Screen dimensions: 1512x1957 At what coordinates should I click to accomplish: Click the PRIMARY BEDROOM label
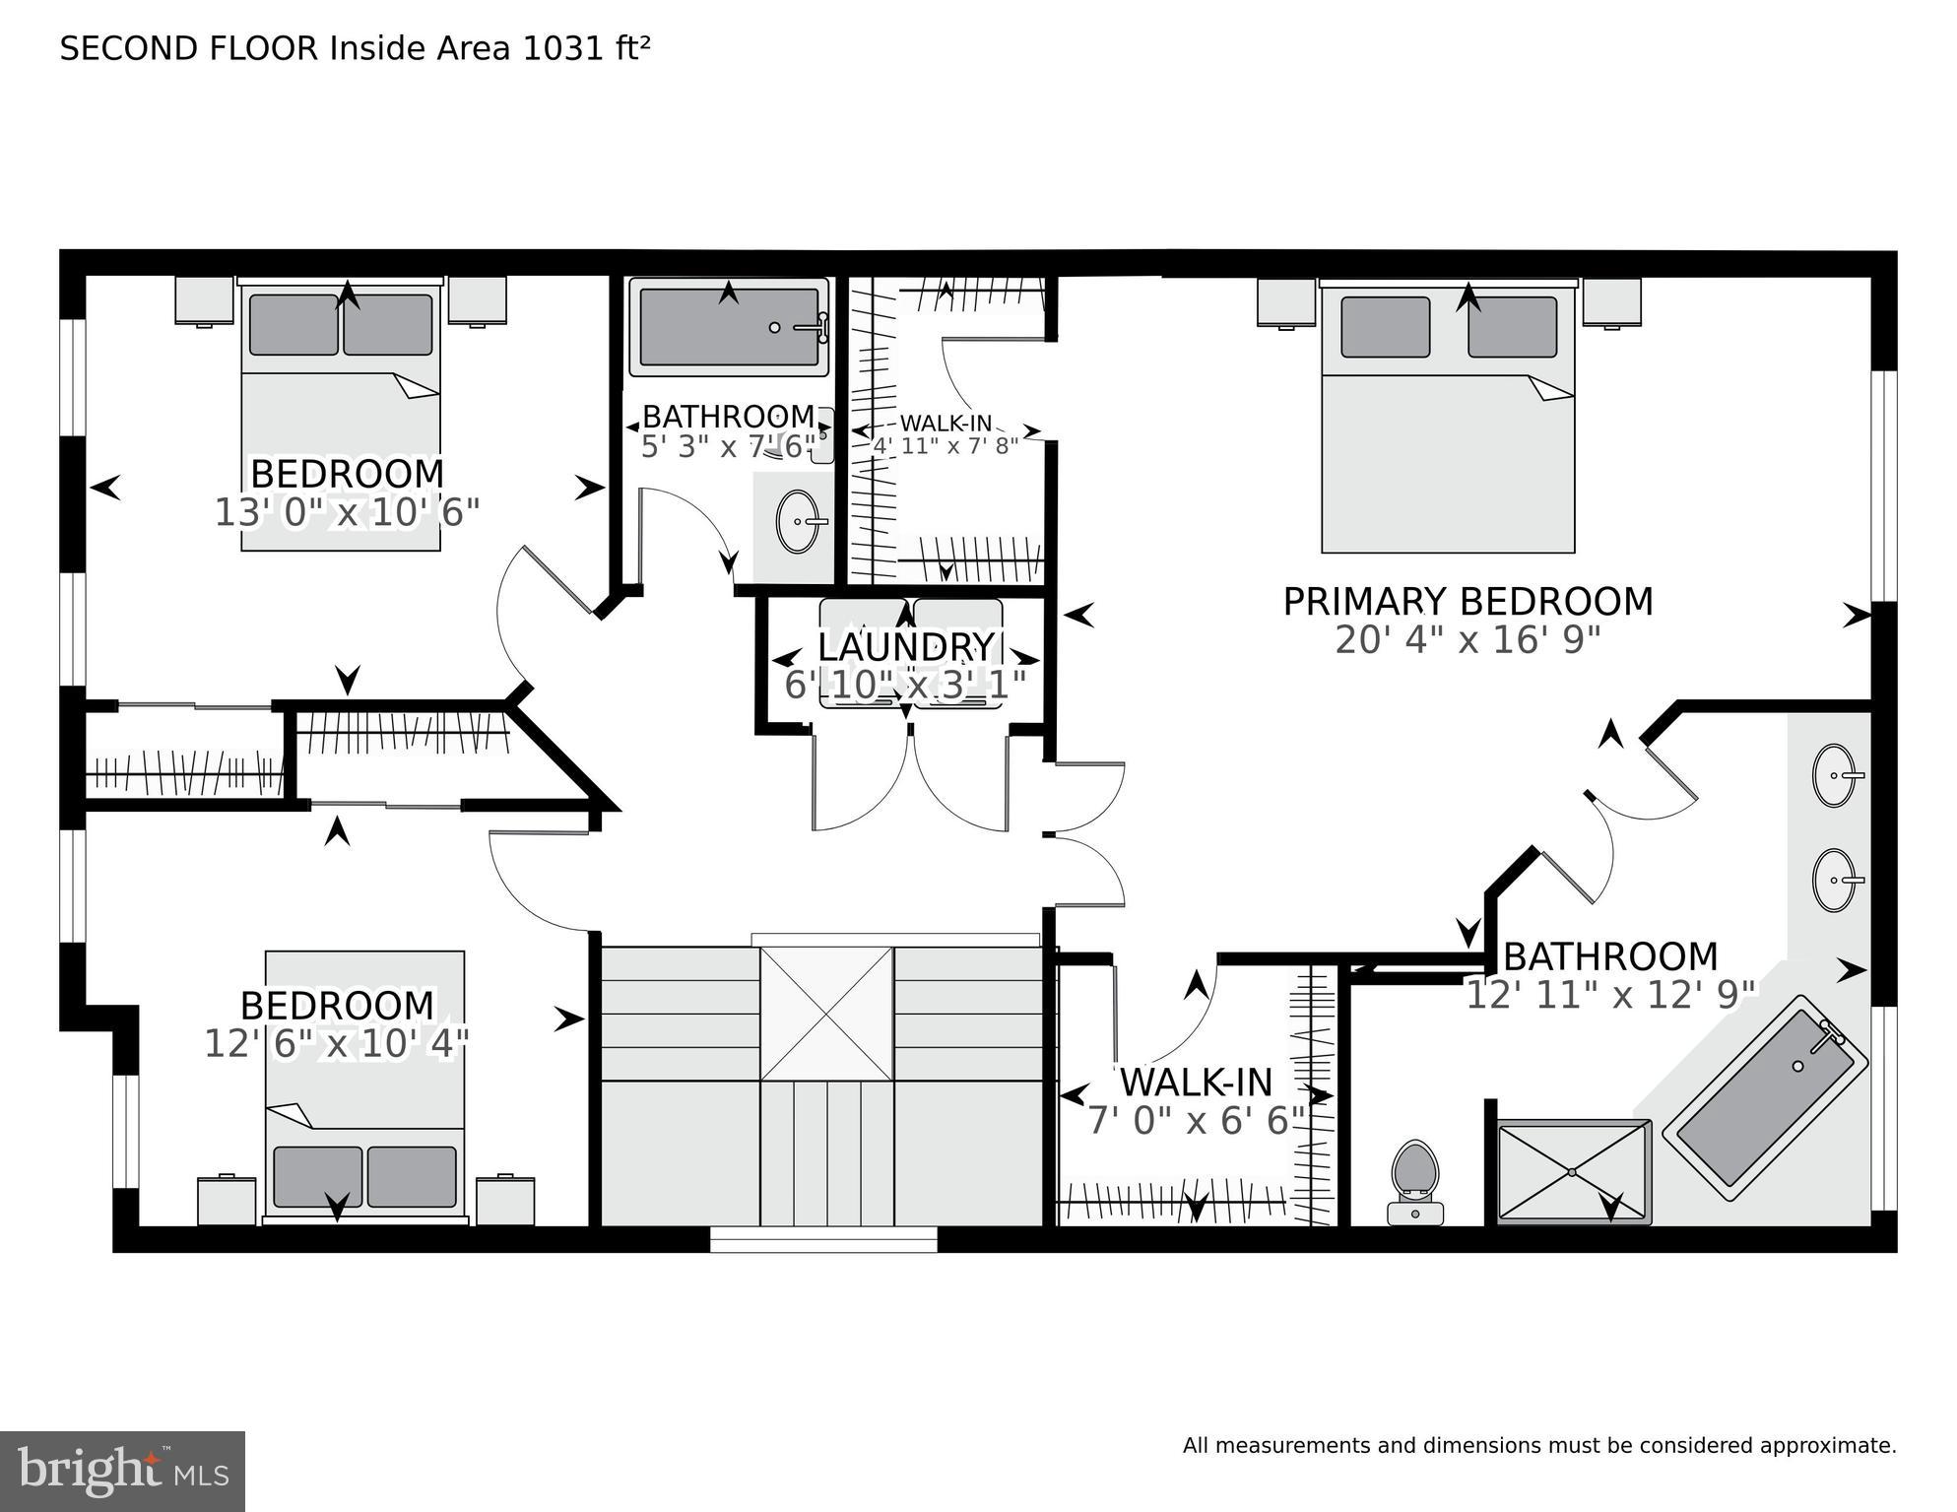click(x=1468, y=602)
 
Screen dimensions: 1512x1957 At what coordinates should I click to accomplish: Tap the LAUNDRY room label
click(x=905, y=647)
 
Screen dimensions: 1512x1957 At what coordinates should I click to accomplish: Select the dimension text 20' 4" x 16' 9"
click(x=1468, y=641)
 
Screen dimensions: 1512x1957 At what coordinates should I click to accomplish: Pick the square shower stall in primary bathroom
click(x=1573, y=1171)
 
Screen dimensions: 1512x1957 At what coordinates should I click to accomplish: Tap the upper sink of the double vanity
click(x=1833, y=775)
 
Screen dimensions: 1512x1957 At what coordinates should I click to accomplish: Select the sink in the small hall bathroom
click(x=798, y=521)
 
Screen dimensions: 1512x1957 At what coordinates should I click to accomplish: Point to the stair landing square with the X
click(x=826, y=1014)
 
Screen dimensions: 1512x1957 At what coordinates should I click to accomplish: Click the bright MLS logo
click(x=122, y=1472)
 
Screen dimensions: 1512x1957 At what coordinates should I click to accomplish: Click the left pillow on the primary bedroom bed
click(x=1385, y=327)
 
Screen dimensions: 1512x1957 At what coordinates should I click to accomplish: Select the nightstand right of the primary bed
click(x=1611, y=302)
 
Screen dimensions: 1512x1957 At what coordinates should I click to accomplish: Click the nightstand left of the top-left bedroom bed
click(x=204, y=299)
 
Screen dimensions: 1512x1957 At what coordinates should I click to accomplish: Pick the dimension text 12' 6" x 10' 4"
click(x=336, y=1044)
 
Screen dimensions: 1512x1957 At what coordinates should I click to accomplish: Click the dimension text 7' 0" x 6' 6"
click(x=1196, y=1121)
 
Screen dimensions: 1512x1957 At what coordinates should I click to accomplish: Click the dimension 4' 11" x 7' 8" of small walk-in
click(x=946, y=445)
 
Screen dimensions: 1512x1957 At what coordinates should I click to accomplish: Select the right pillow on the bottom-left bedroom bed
click(x=412, y=1176)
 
